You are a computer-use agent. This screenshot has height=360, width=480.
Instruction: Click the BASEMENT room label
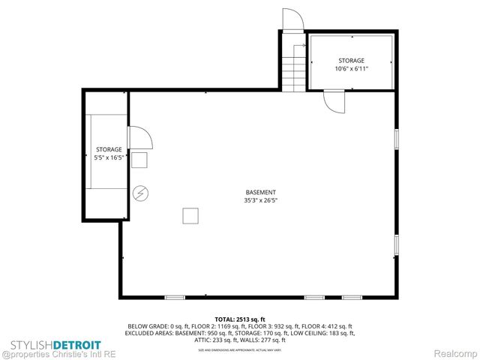click(x=260, y=192)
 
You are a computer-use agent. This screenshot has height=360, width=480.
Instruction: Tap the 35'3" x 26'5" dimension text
click(x=260, y=201)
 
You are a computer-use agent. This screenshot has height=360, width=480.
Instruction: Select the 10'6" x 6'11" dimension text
click(x=351, y=68)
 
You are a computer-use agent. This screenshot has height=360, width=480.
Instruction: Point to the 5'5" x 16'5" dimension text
click(x=108, y=157)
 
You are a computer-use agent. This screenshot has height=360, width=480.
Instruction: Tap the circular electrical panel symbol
click(x=140, y=193)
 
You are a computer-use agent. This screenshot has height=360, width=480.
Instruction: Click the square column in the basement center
click(x=190, y=216)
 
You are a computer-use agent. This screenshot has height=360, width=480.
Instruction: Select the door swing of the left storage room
click(x=140, y=139)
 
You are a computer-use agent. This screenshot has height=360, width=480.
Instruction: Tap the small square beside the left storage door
click(x=139, y=160)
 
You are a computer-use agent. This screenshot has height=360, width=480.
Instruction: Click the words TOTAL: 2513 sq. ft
click(x=239, y=319)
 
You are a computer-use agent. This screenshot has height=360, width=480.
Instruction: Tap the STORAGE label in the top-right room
click(x=351, y=60)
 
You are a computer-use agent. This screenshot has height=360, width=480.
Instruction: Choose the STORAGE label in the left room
click(x=108, y=149)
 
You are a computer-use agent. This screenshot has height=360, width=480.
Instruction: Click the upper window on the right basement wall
click(x=396, y=140)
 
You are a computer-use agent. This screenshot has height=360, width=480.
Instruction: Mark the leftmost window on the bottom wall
click(x=175, y=298)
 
